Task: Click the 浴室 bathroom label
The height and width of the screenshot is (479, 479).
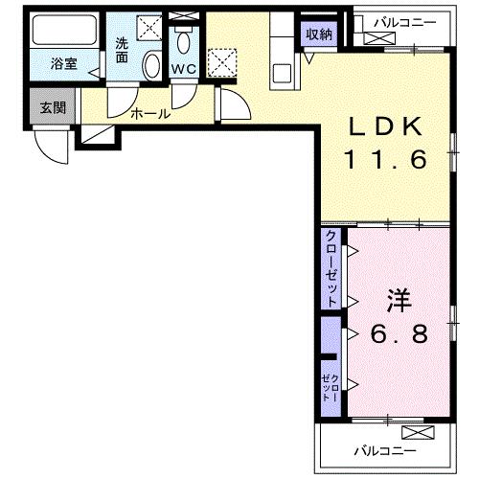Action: pyautogui.click(x=64, y=64)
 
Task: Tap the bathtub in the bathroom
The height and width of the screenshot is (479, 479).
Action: pyautogui.click(x=64, y=30)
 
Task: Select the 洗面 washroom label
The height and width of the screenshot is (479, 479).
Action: pyautogui.click(x=122, y=50)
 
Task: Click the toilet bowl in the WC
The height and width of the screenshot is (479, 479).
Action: pyautogui.click(x=183, y=41)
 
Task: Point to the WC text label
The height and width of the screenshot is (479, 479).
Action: pyautogui.click(x=184, y=69)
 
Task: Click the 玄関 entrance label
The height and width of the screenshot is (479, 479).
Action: pyautogui.click(x=53, y=108)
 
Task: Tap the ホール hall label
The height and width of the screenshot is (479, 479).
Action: pyautogui.click(x=150, y=113)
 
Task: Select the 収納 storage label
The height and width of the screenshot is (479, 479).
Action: pyautogui.click(x=319, y=34)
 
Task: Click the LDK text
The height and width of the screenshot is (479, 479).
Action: pyautogui.click(x=385, y=127)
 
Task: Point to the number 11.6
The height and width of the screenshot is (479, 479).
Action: pyautogui.click(x=385, y=159)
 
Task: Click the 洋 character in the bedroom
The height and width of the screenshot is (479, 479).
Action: pyautogui.click(x=399, y=302)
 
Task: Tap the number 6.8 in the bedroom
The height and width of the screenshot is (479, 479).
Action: pyautogui.click(x=399, y=333)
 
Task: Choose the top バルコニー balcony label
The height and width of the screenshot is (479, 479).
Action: pyautogui.click(x=405, y=23)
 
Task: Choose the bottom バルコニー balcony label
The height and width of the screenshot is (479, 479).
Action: pyautogui.click(x=385, y=451)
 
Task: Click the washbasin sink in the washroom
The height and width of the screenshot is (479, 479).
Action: pyautogui.click(x=152, y=65)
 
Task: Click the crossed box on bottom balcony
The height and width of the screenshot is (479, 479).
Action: pyautogui.click(x=418, y=433)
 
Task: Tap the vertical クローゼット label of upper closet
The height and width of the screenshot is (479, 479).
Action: pyautogui.click(x=331, y=268)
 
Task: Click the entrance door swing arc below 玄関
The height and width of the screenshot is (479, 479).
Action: pyautogui.click(x=51, y=150)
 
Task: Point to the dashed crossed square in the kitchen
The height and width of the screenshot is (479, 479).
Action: pyautogui.click(x=222, y=62)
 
